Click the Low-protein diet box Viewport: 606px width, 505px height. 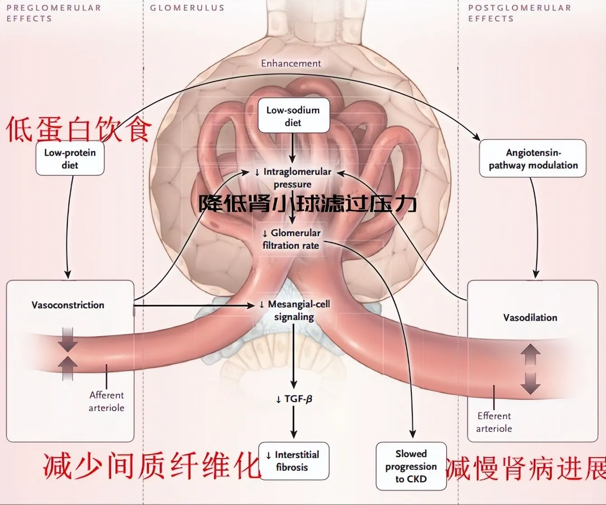[x=70, y=159]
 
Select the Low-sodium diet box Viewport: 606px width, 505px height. [x=293, y=116]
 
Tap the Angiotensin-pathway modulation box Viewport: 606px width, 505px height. [x=533, y=159]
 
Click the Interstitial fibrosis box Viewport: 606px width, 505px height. [x=294, y=461]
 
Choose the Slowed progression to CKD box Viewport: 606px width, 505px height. [x=411, y=466]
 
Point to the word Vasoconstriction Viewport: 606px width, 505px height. [x=68, y=305]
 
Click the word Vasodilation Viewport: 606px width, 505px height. [x=530, y=317]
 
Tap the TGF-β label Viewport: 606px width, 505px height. [x=294, y=399]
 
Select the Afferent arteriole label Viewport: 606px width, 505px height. [x=106, y=401]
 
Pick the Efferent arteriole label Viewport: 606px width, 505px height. [x=494, y=422]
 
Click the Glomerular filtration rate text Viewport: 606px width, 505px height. [x=292, y=239]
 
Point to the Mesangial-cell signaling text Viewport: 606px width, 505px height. [x=294, y=310]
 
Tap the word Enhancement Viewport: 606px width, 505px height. [x=291, y=63]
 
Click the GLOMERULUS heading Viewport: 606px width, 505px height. [x=187, y=8]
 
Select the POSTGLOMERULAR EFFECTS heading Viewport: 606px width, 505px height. [x=519, y=13]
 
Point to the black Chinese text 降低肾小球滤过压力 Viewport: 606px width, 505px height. [x=307, y=204]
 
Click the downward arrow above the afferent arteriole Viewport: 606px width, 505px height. [x=67, y=339]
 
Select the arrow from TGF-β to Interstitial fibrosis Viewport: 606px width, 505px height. [x=294, y=422]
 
